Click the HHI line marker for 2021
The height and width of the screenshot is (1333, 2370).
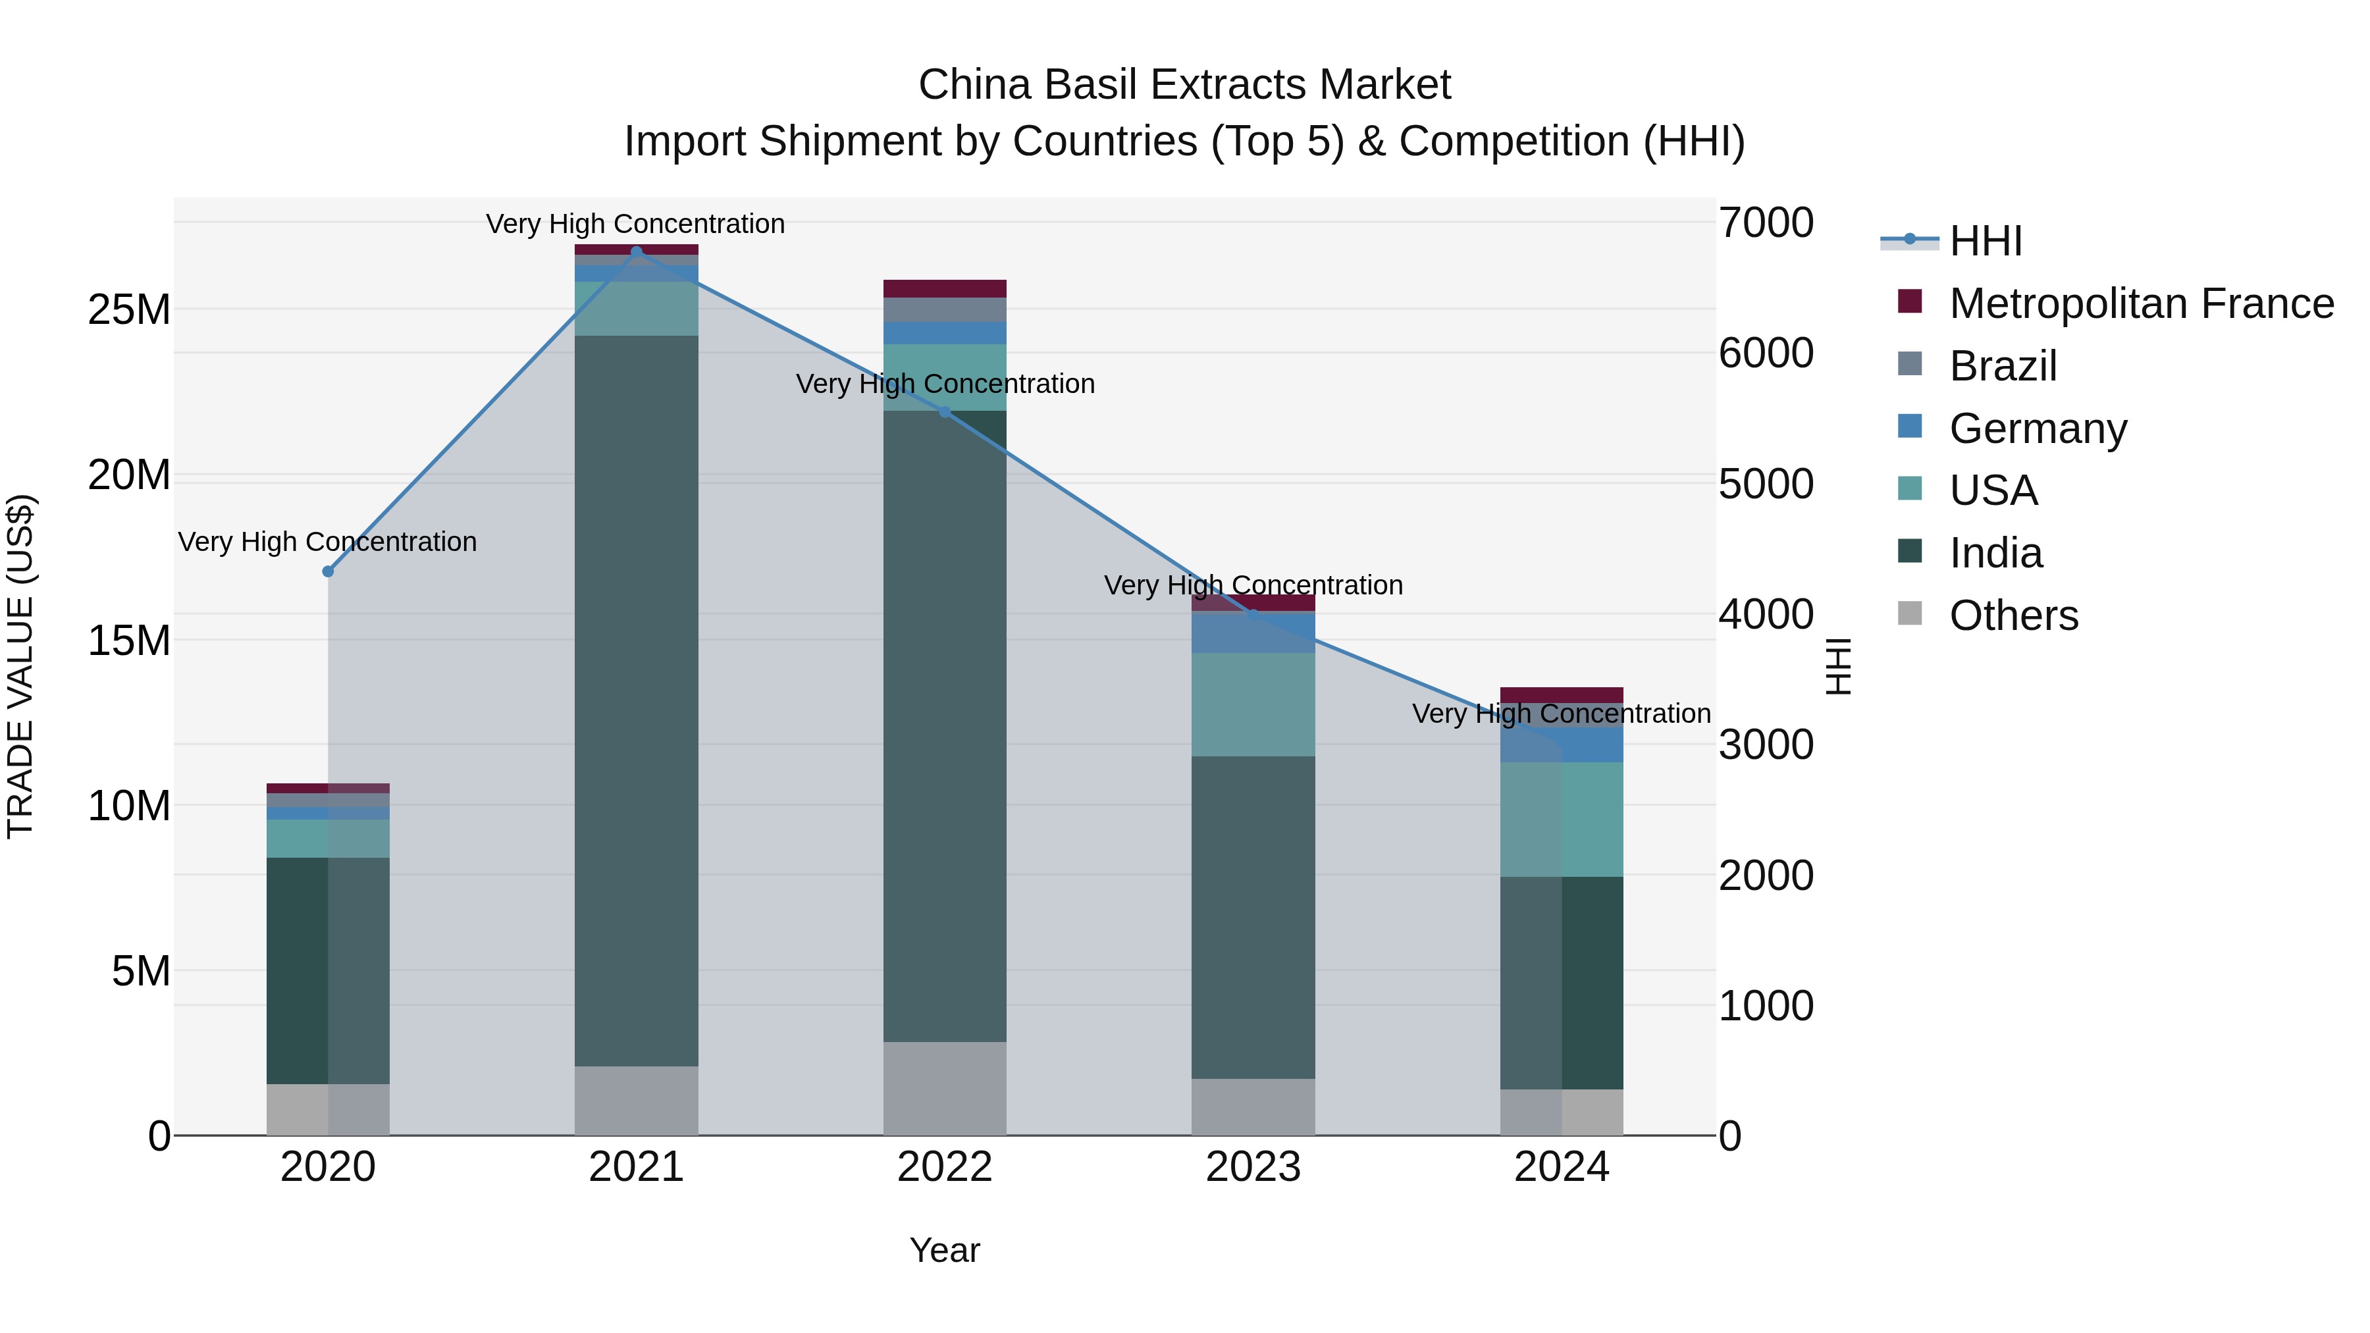[x=636, y=251]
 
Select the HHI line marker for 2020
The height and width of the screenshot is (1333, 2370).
[x=328, y=571]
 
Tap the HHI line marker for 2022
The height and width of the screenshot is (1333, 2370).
[x=945, y=412]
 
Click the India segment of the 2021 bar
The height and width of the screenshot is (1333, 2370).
[x=636, y=699]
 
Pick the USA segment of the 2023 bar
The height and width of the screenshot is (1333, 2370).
[x=1253, y=704]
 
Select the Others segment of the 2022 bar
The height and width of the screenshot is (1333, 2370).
[x=945, y=1088]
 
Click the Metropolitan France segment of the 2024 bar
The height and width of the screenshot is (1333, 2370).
[x=1562, y=694]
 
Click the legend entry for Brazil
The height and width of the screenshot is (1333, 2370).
[x=2002, y=366]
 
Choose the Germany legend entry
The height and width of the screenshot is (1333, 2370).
[x=2037, y=429]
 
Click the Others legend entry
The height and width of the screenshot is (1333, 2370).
[x=2013, y=615]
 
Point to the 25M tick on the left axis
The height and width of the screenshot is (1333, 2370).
[x=129, y=310]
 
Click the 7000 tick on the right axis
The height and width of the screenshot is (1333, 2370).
[x=1766, y=222]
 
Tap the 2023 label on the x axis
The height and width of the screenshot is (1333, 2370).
[x=1253, y=1167]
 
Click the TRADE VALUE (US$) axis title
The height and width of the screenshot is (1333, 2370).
[x=20, y=666]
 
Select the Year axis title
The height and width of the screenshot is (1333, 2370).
[x=945, y=1250]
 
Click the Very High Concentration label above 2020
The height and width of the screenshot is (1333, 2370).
[x=328, y=542]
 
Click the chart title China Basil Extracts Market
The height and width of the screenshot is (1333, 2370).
[x=1184, y=85]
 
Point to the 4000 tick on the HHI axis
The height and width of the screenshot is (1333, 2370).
[x=1766, y=615]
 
